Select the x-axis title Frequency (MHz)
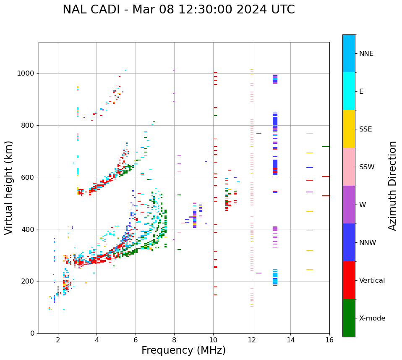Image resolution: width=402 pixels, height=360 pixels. [x=183, y=350]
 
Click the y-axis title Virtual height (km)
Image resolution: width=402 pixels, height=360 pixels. [x=9, y=188]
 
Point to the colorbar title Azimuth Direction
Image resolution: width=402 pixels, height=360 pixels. [x=392, y=186]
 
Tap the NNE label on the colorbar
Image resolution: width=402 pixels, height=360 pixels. [x=366, y=54]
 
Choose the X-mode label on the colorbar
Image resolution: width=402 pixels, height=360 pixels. [x=372, y=318]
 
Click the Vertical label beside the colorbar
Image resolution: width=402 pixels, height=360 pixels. [x=372, y=281]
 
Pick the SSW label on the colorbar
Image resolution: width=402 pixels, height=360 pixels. [x=367, y=167]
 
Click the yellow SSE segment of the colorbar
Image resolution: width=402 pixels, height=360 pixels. [x=349, y=129]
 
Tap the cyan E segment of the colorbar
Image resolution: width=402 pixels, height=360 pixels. [x=349, y=91]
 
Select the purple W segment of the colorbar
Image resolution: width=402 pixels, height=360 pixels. [x=349, y=205]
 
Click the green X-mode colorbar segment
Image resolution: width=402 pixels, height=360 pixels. [x=349, y=318]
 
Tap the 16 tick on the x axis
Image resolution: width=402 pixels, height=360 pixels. [x=329, y=340]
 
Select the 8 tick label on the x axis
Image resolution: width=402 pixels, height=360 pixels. [x=174, y=340]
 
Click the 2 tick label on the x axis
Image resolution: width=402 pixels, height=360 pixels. [x=58, y=340]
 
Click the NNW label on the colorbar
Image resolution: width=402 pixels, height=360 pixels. [x=368, y=243]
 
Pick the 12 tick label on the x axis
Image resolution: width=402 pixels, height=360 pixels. [x=252, y=340]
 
